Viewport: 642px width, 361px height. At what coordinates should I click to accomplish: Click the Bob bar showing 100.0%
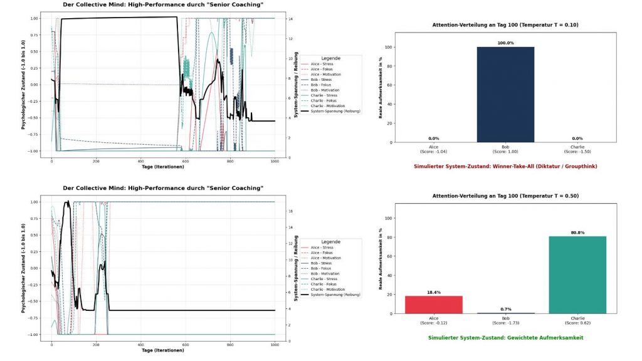click(505, 94)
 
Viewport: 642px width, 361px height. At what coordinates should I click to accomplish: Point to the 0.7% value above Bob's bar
click(505, 309)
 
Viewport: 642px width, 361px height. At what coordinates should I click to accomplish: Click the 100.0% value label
click(505, 43)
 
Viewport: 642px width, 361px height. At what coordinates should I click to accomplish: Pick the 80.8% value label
click(577, 233)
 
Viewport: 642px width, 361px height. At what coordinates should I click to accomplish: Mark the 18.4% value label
click(433, 292)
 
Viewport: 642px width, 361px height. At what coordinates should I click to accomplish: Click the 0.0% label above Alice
click(433, 139)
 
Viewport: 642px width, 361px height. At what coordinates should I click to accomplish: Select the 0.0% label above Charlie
click(577, 139)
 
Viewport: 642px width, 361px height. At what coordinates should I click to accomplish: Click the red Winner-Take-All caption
click(505, 166)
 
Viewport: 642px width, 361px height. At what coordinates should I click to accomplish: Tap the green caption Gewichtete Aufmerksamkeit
click(505, 338)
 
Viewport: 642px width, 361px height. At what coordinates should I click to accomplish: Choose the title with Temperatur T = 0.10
click(505, 25)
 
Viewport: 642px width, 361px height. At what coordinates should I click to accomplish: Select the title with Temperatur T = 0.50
click(505, 196)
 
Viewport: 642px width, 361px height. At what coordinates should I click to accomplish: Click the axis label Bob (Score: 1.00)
click(505, 149)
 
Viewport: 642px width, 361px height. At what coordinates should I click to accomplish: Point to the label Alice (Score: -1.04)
click(433, 149)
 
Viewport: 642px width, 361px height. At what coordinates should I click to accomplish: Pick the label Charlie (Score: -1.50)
click(577, 149)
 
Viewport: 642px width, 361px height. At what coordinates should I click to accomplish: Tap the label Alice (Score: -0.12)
click(433, 321)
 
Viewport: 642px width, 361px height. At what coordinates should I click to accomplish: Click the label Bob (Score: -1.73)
click(505, 321)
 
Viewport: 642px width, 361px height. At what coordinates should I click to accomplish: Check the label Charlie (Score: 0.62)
click(577, 321)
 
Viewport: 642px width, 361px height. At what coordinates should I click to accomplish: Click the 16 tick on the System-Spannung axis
click(290, 211)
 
